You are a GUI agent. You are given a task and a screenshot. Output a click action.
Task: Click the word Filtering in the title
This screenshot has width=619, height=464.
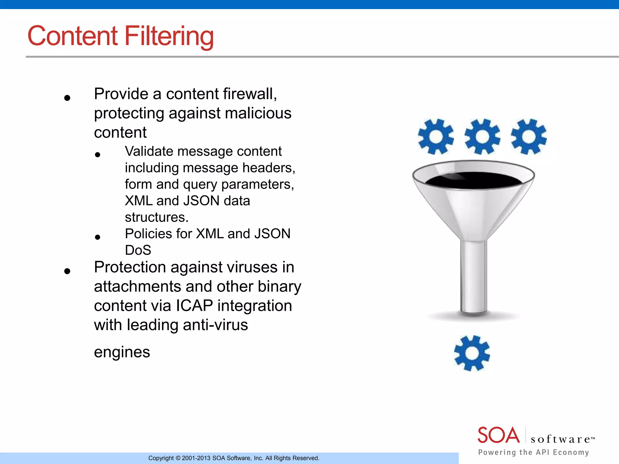pyautogui.click(x=169, y=36)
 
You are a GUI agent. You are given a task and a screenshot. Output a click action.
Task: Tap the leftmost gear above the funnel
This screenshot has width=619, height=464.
pyautogui.click(x=436, y=137)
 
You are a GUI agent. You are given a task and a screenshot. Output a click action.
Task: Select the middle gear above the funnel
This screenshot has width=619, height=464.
pyautogui.click(x=482, y=137)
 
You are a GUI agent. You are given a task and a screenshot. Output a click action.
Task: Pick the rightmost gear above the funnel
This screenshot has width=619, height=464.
pyautogui.click(x=529, y=137)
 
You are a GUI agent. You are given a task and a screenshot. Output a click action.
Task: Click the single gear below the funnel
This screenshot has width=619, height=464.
pyautogui.click(x=472, y=353)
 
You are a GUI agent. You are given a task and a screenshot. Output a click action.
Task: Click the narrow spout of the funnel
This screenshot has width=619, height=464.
pyautogui.click(x=474, y=275)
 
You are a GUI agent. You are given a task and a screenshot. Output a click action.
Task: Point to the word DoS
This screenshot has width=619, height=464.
pyautogui.click(x=138, y=250)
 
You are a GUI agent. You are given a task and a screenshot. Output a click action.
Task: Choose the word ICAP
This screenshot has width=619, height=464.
pyautogui.click(x=194, y=306)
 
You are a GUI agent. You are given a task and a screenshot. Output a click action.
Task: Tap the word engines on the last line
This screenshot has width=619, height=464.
pyautogui.click(x=122, y=352)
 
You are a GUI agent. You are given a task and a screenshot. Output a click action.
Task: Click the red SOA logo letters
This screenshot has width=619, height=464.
pyautogui.click(x=498, y=435)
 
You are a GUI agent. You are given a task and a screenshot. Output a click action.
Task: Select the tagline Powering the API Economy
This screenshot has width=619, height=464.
pyautogui.click(x=533, y=452)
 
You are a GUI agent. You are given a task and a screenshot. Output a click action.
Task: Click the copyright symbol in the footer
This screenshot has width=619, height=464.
pyautogui.click(x=178, y=458)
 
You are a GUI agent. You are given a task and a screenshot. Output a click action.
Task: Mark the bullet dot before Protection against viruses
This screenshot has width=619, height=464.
pyautogui.click(x=67, y=271)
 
